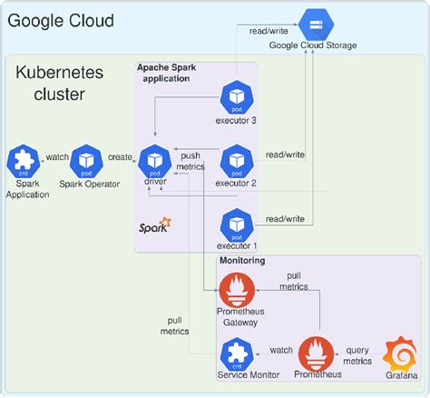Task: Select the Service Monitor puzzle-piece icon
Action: point(239,351)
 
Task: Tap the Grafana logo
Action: point(399,353)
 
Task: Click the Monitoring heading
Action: point(242,261)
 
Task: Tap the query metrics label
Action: point(357,354)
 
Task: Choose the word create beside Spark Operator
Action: point(121,156)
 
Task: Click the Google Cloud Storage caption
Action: point(313,45)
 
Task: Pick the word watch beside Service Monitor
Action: point(282,349)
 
